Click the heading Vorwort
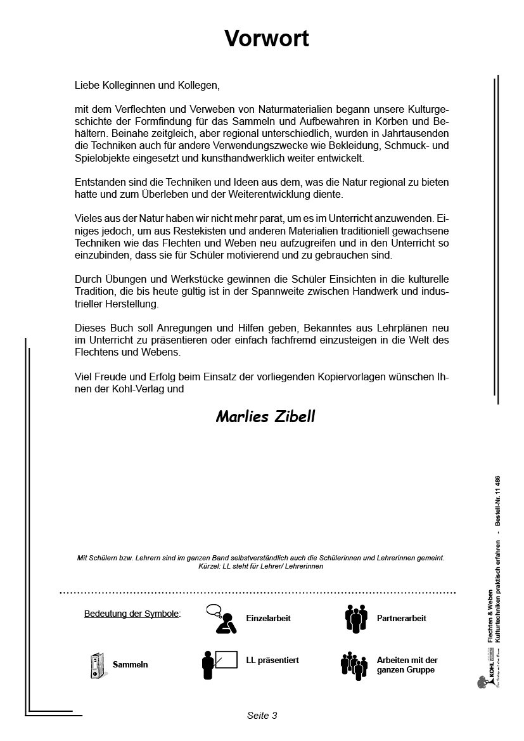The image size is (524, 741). coord(266,39)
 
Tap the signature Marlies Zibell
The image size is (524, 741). coord(265,416)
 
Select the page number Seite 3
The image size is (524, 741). coord(262,716)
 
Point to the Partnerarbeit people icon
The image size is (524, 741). coord(356,619)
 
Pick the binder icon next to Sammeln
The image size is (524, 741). coord(96,665)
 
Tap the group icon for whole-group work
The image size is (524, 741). coord(354,665)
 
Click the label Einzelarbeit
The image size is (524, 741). coord(268,618)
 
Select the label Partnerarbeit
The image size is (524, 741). coord(401,618)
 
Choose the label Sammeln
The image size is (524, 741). coord(130,665)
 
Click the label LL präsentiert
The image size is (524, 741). coord(272,660)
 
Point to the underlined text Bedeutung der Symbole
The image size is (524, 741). coord(132,614)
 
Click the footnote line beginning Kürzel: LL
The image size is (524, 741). coord(260,566)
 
